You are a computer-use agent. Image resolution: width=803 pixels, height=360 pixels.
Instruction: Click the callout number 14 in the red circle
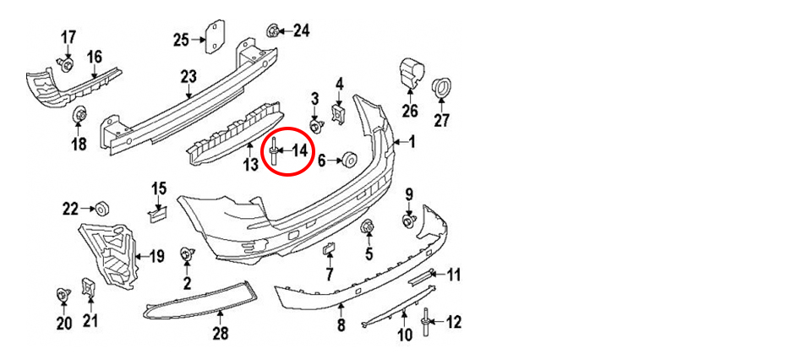(299, 150)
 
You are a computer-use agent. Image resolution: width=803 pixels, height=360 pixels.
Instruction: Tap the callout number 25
(181, 40)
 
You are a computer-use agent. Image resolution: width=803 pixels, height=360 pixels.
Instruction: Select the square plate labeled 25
(215, 35)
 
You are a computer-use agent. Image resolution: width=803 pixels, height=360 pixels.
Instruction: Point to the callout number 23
(188, 78)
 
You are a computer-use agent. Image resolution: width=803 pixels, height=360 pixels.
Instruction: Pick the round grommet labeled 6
(350, 160)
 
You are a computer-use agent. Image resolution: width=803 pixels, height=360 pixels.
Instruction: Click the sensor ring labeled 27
(441, 89)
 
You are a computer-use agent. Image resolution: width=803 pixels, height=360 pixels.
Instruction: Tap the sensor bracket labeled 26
(412, 72)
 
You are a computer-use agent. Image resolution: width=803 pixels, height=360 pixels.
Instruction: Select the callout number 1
(412, 141)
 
